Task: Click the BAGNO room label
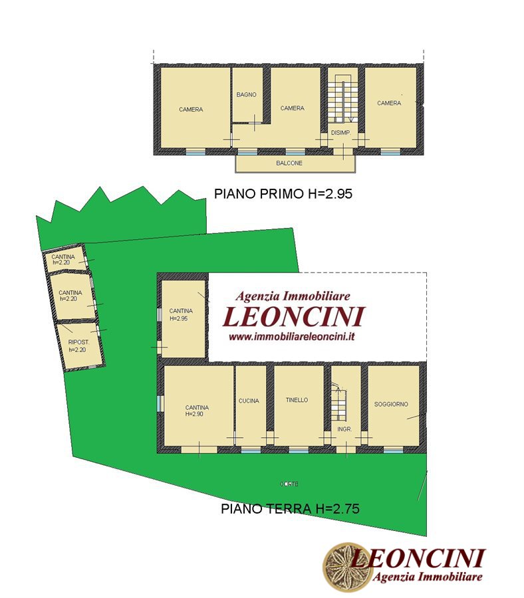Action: click(246, 94)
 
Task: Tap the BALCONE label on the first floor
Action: click(289, 163)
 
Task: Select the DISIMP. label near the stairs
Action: click(341, 133)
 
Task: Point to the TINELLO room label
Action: click(297, 400)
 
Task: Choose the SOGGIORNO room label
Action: click(391, 404)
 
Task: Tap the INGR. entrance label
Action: click(344, 429)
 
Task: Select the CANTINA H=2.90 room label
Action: click(197, 411)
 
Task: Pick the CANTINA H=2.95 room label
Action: click(180, 315)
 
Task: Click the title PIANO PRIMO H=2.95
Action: click(283, 194)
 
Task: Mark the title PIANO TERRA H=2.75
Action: click(290, 508)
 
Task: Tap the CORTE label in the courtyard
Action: click(289, 484)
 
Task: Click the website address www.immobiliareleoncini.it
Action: click(292, 337)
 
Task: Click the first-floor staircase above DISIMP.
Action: click(343, 98)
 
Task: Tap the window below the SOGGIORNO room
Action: click(393, 450)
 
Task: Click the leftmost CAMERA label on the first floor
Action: click(191, 110)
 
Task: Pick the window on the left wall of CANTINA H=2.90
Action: click(160, 403)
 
